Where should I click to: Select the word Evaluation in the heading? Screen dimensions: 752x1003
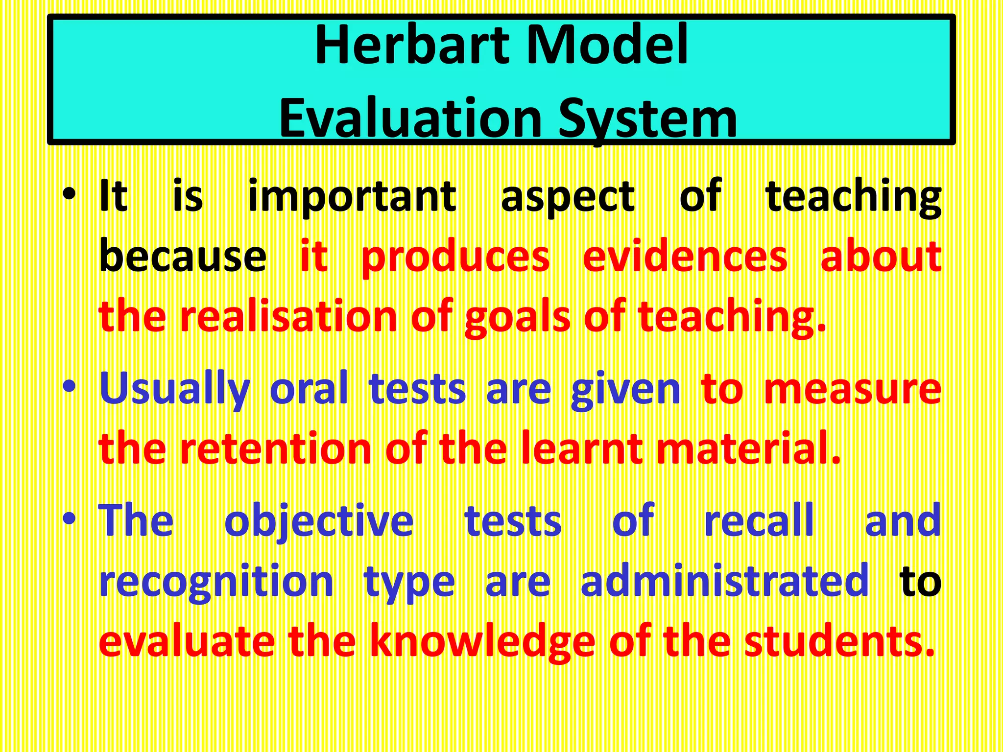(x=410, y=118)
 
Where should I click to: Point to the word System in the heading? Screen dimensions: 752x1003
(x=647, y=118)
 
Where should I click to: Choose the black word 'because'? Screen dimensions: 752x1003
(x=182, y=257)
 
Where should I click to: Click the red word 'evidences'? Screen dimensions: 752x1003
(x=685, y=257)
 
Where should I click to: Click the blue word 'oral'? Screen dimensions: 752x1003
(x=309, y=389)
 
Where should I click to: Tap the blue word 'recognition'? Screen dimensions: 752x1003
(x=216, y=583)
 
